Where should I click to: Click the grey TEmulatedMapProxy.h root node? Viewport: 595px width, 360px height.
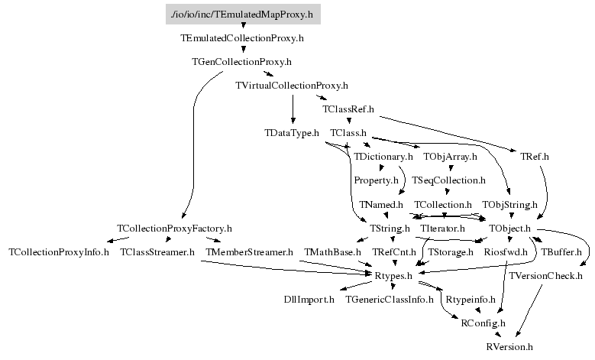tap(243, 14)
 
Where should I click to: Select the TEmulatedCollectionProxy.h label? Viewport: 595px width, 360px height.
tap(242, 37)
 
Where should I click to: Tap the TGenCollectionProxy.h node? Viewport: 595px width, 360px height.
tap(241, 61)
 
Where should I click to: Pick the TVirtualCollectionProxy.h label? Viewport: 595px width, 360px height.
tap(292, 86)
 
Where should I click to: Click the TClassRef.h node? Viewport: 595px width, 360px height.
tap(348, 109)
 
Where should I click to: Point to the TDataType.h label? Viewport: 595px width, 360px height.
tap(292, 133)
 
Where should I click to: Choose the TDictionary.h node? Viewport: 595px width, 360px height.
tap(383, 157)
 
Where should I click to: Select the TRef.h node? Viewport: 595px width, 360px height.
tap(535, 157)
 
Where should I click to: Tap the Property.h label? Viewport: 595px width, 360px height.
tap(377, 181)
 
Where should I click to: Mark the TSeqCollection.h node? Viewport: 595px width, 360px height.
tap(449, 181)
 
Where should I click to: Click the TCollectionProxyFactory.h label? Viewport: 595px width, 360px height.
tap(174, 229)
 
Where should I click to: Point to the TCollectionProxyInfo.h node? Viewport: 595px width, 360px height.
tap(59, 252)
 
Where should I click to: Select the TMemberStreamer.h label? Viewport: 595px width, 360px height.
tap(249, 252)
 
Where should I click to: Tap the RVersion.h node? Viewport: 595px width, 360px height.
tap(509, 347)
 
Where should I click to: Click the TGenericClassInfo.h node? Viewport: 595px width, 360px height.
tap(390, 300)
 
